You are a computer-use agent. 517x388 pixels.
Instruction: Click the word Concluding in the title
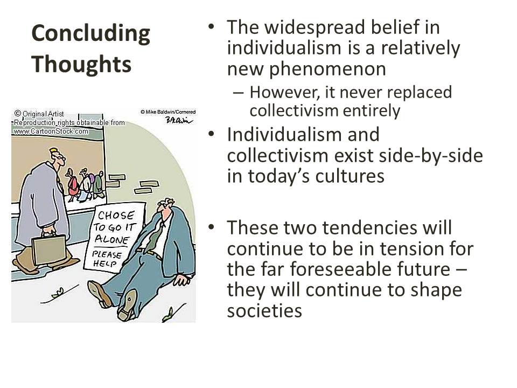pos(90,34)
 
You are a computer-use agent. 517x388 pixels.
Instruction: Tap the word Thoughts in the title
pos(81,64)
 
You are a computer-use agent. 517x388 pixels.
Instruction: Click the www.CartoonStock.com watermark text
pos(51,131)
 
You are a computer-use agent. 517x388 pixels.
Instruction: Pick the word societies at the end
pos(264,310)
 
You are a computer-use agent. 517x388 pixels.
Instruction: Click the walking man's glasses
pos(60,157)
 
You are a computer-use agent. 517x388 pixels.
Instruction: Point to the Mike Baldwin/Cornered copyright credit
pos(167,112)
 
